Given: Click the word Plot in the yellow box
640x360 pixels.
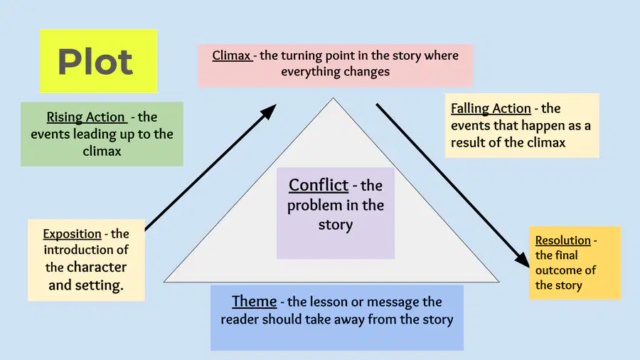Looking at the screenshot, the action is click(x=95, y=62).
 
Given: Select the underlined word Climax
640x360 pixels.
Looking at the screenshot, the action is click(x=231, y=55).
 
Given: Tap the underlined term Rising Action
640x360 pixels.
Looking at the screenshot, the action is click(x=85, y=117).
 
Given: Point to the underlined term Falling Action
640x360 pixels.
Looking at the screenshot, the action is click(x=491, y=109).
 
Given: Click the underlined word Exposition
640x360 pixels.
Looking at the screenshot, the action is click(x=73, y=234).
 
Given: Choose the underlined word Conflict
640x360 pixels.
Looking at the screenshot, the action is click(x=319, y=185).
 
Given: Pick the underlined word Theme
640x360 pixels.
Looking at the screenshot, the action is click(x=255, y=301).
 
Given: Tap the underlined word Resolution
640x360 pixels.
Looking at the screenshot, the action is click(x=563, y=240).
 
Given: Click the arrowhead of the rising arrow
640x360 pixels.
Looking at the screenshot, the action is click(x=269, y=112).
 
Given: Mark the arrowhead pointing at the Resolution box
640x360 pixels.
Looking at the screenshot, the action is click(x=523, y=260).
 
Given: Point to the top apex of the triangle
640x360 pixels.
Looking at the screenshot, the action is click(x=333, y=98).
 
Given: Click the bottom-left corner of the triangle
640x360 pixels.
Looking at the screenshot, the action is click(x=164, y=282).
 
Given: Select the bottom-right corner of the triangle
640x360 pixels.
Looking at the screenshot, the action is click(x=498, y=282).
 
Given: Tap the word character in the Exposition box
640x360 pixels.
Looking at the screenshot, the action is click(x=97, y=268).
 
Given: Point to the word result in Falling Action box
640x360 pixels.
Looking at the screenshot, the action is click(x=468, y=142).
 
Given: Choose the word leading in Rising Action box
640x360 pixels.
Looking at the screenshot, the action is click(x=94, y=134).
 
